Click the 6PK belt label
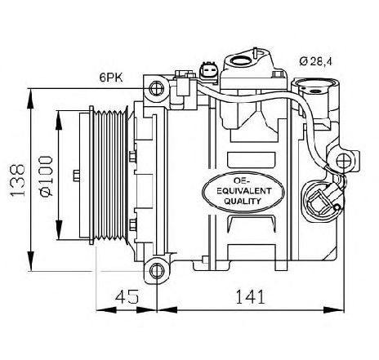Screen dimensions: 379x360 [x=111, y=78]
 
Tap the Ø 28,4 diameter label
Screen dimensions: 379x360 [x=316, y=61]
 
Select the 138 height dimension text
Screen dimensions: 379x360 [x=17, y=180]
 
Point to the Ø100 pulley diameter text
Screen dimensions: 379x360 [x=46, y=176]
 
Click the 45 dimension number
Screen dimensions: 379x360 [x=127, y=296]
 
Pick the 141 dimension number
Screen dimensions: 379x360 [x=250, y=296]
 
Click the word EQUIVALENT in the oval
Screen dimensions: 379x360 [x=244, y=191]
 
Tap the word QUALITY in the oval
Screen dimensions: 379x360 [x=243, y=201]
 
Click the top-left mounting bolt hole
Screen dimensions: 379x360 [x=157, y=88]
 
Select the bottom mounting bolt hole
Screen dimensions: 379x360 [x=157, y=271]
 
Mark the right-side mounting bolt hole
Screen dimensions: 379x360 [x=344, y=161]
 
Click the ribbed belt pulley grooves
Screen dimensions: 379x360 [x=109, y=176]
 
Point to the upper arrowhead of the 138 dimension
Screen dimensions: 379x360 [x=31, y=99]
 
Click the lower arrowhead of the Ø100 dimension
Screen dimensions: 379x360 [x=58, y=230]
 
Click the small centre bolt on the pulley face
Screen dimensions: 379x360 [x=77, y=176]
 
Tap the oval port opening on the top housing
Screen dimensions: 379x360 [x=241, y=60]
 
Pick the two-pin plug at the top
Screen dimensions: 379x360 [x=209, y=72]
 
